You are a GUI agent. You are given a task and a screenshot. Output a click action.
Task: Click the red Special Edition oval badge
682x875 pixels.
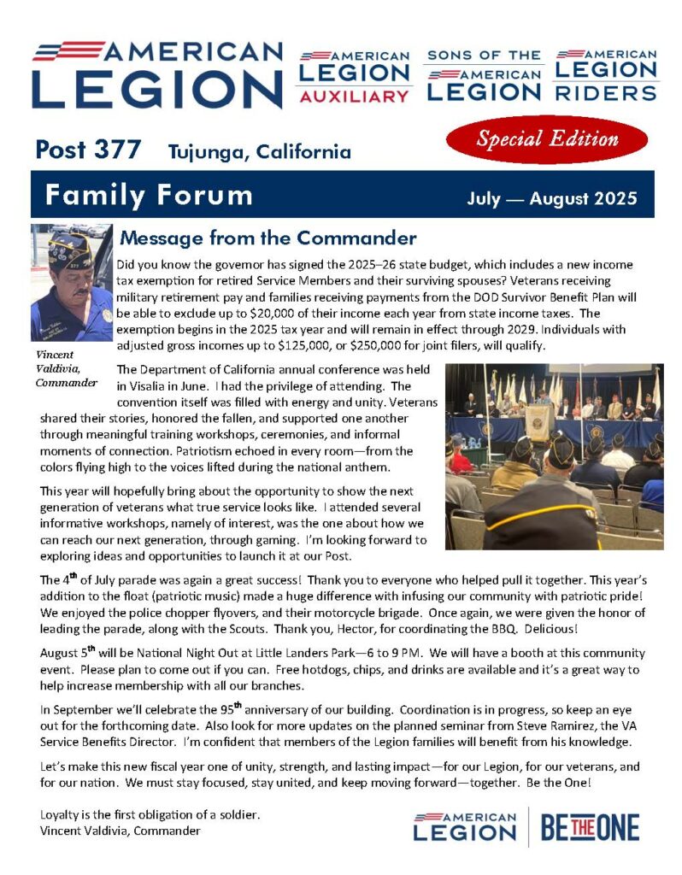(x=547, y=139)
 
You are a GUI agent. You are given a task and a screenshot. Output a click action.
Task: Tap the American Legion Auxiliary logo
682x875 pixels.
(x=354, y=76)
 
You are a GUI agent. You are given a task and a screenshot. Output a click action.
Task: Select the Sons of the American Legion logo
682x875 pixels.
(x=484, y=76)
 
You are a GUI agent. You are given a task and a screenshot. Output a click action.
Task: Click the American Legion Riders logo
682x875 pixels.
(x=606, y=74)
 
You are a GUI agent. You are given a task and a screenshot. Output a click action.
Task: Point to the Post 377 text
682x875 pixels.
(x=88, y=150)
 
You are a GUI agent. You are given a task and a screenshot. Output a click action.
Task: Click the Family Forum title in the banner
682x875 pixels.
(x=149, y=195)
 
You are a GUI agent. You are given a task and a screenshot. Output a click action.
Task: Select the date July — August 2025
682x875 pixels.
(x=552, y=199)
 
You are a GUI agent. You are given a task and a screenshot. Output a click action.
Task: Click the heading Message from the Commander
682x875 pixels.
(x=268, y=238)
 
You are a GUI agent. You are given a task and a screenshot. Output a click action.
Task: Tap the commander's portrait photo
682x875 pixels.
(x=72, y=283)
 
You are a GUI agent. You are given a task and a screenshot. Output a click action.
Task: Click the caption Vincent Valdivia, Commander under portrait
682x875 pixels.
(x=67, y=368)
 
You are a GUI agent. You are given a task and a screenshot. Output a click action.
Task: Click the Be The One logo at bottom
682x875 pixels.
(x=590, y=827)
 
